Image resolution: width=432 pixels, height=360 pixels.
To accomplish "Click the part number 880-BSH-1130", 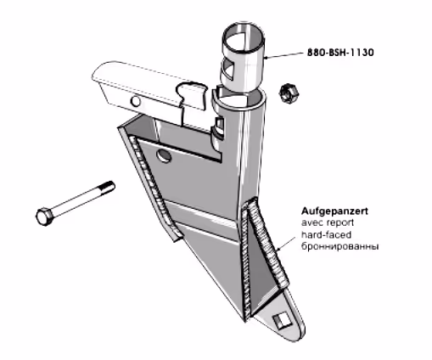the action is coord(340,53).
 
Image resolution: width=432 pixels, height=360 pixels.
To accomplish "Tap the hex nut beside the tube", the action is coord(288,93).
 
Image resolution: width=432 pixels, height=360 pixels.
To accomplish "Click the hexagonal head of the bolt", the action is coord(45,217).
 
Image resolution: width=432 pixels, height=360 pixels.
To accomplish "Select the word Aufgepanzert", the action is coord(334,211).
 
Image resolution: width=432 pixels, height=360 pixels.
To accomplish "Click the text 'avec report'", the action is coord(328,222).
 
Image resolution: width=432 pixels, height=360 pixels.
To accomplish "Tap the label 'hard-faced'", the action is coord(326,234).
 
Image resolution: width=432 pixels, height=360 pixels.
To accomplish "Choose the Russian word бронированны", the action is coord(339,246).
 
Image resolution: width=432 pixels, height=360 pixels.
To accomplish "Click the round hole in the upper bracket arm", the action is coord(136,101).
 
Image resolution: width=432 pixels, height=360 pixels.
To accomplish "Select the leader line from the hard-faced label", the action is coord(285,243).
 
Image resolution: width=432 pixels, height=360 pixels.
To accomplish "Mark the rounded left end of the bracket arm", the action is coord(98,74).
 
